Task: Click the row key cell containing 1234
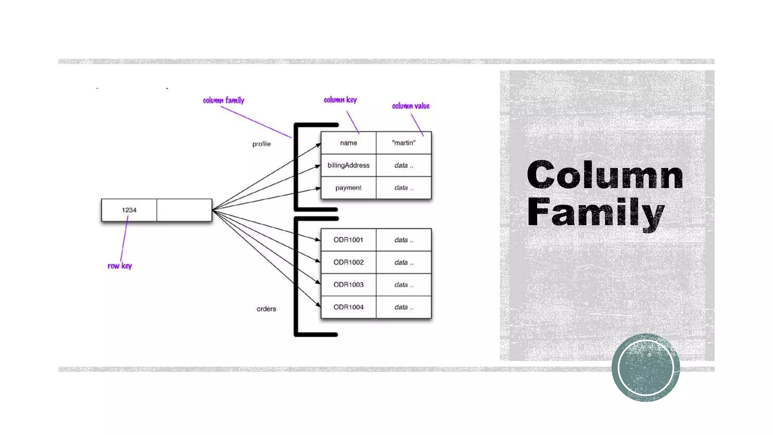(x=129, y=210)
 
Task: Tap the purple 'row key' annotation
(x=120, y=266)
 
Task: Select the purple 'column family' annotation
(x=223, y=100)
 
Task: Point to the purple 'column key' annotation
(x=340, y=100)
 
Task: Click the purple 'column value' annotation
(x=411, y=106)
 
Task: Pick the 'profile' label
(x=262, y=144)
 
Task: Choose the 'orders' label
(x=266, y=309)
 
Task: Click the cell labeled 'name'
(x=348, y=143)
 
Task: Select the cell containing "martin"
(x=403, y=143)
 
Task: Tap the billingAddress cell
(x=348, y=165)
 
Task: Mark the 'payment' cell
(x=348, y=188)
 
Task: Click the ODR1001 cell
(x=348, y=240)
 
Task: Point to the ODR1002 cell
(x=348, y=262)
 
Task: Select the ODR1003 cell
(x=348, y=285)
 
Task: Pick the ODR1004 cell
(x=348, y=307)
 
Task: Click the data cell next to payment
(x=403, y=188)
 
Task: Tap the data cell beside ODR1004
(x=403, y=307)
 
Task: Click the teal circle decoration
(x=646, y=367)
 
